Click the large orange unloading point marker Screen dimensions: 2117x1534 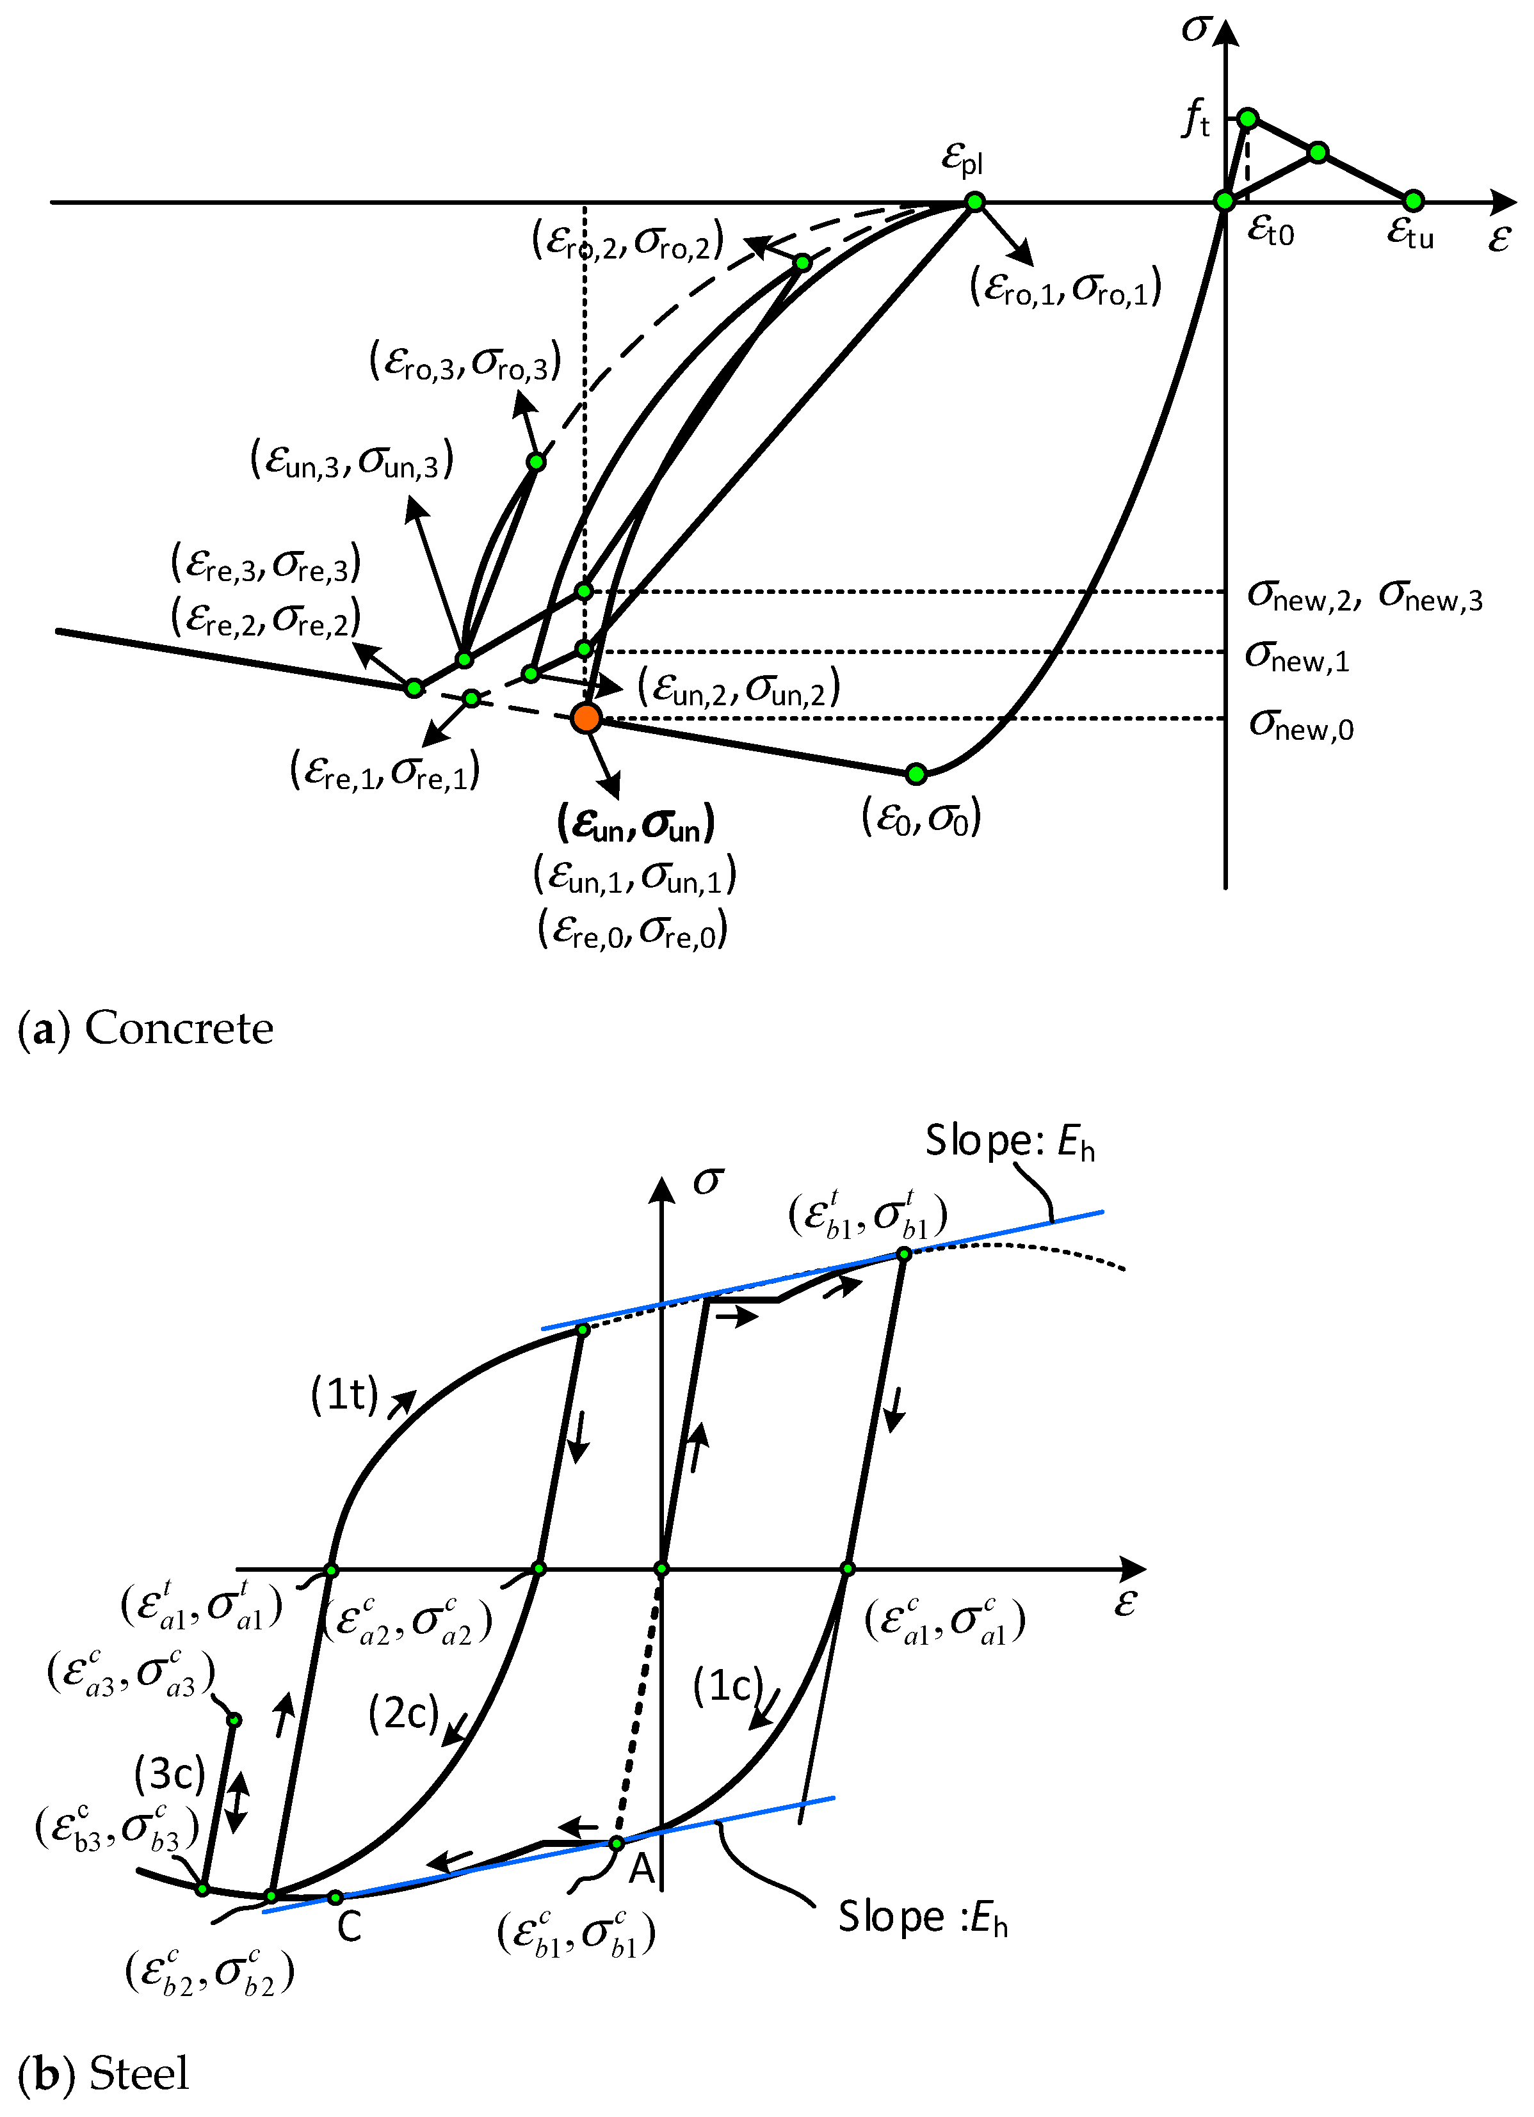585,718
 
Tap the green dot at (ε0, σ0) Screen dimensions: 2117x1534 916,773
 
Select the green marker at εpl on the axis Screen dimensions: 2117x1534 974,202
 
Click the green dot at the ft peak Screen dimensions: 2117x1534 1247,118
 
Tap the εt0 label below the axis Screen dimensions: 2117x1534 1271,230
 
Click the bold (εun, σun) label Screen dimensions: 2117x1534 636,823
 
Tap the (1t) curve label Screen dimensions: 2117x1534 344,1394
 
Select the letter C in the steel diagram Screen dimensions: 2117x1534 349,1926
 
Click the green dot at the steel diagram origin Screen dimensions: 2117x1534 661,1569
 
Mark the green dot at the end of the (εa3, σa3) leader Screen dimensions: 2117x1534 234,1720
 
